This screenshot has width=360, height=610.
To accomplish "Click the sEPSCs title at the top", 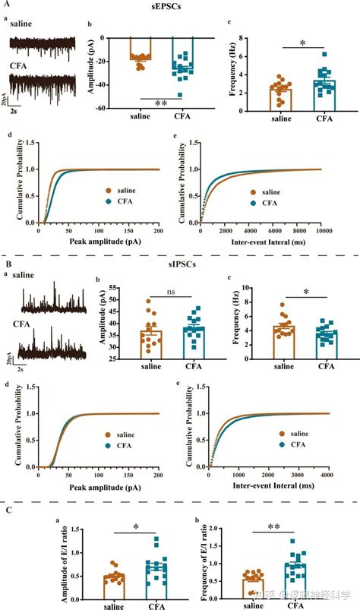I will click(x=180, y=6).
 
